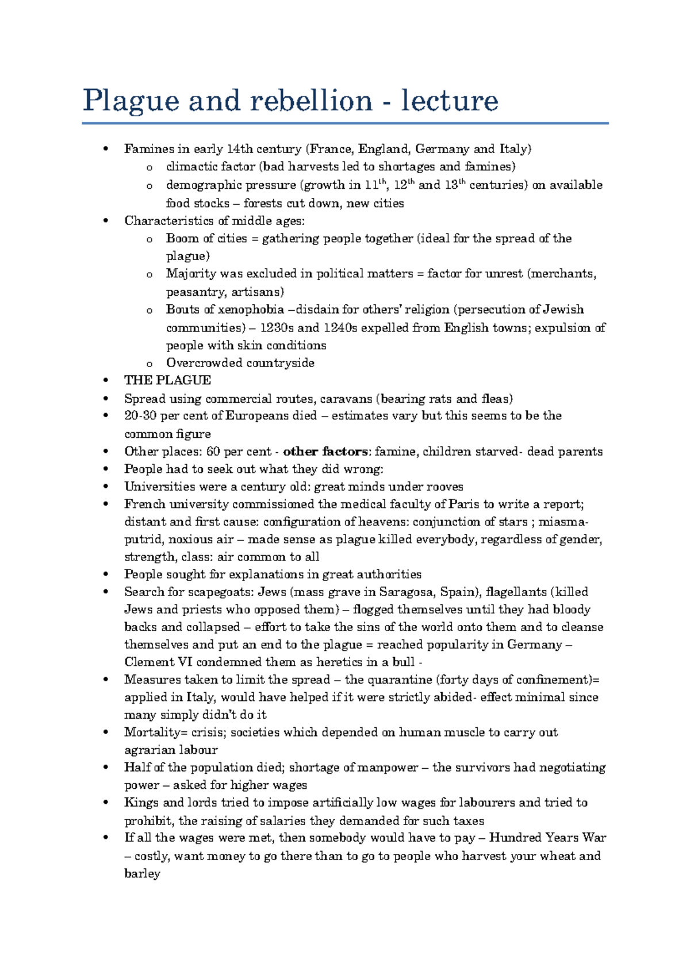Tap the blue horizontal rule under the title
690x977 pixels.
(345, 123)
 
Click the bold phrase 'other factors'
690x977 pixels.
(325, 452)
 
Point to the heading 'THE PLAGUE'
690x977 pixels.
(167, 380)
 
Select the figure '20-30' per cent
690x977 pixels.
(140, 416)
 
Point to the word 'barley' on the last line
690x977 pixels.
(142, 874)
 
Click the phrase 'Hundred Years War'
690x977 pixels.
(547, 838)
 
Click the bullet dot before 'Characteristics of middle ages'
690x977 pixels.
(105, 221)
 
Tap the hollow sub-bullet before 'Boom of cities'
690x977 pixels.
(149, 239)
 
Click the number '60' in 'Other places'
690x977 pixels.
(213, 452)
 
